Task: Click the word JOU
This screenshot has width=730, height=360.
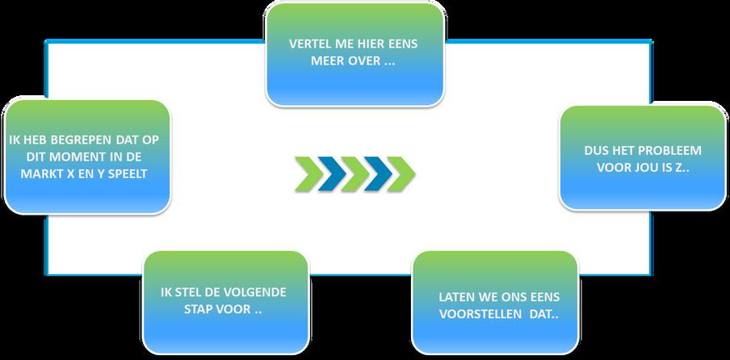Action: pyautogui.click(x=651, y=169)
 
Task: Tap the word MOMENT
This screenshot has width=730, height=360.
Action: pyautogui.click(x=73, y=157)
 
